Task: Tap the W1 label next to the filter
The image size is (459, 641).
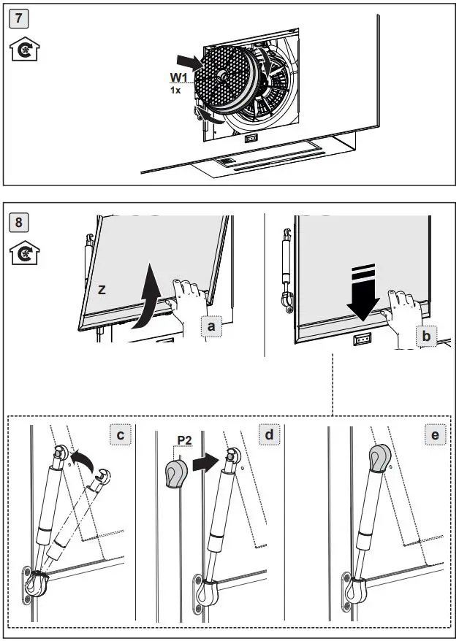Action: [180, 77]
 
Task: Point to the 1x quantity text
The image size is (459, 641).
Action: [175, 90]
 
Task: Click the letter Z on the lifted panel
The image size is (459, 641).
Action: [102, 290]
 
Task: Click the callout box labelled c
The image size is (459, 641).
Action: [121, 435]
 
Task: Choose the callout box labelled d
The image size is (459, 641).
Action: [270, 435]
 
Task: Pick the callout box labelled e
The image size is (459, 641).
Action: [436, 436]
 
